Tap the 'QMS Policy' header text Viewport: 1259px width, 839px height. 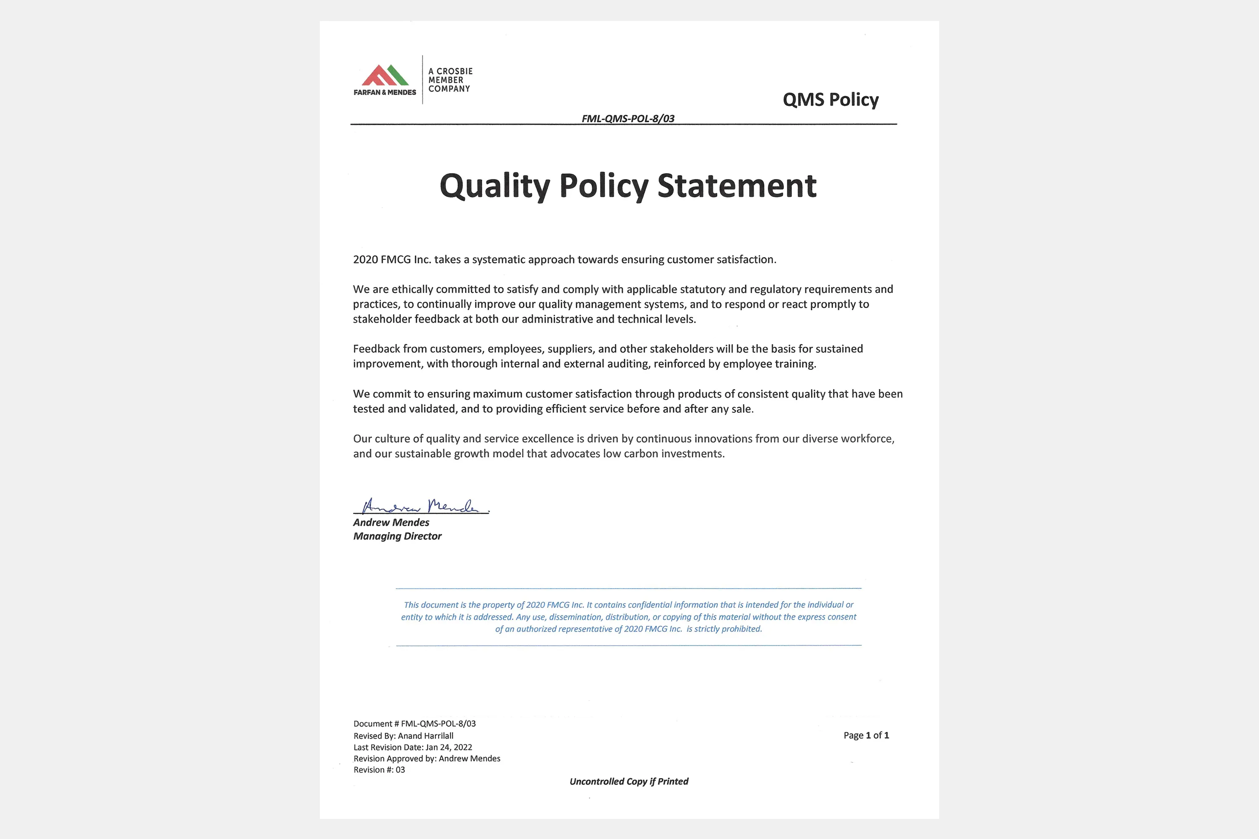coord(830,99)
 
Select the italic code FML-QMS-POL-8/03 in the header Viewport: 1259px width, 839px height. coord(628,118)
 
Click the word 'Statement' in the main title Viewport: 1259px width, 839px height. coord(737,186)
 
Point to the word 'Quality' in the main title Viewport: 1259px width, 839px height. coord(495,186)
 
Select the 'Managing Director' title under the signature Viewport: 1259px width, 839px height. coord(397,536)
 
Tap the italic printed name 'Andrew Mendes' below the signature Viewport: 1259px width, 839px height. coord(391,522)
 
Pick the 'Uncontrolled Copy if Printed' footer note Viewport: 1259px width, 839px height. coord(629,781)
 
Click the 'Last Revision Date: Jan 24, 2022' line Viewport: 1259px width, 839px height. coord(413,747)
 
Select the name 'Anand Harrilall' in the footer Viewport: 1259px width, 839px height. coord(426,736)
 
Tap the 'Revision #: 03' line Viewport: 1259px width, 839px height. coord(379,769)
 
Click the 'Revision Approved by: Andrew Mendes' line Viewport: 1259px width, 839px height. coord(427,758)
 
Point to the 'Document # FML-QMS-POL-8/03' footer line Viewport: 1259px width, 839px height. coord(414,723)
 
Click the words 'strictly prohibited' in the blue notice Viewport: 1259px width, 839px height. coord(728,629)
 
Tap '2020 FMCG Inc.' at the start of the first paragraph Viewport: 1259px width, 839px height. coord(392,260)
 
